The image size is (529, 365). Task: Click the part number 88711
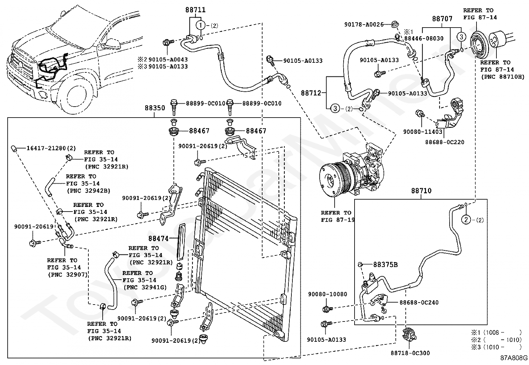[195, 10]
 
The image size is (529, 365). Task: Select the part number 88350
[155, 108]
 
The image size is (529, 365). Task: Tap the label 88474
[159, 238]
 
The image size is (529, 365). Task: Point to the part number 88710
[421, 191]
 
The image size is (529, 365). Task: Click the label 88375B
[385, 265]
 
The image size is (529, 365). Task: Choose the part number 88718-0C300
[410, 353]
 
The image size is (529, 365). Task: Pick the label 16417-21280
[46, 148]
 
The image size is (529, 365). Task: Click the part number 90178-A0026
[364, 24]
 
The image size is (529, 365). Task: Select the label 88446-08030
[424, 38]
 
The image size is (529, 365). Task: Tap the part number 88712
[311, 93]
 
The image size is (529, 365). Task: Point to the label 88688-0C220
[445, 142]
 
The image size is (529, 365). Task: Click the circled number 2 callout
[466, 220]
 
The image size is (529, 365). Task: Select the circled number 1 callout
[201, 25]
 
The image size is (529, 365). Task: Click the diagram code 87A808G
[514, 358]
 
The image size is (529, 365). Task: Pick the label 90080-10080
[327, 294]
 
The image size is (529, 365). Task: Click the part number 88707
[442, 19]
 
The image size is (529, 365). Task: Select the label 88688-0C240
[419, 303]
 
